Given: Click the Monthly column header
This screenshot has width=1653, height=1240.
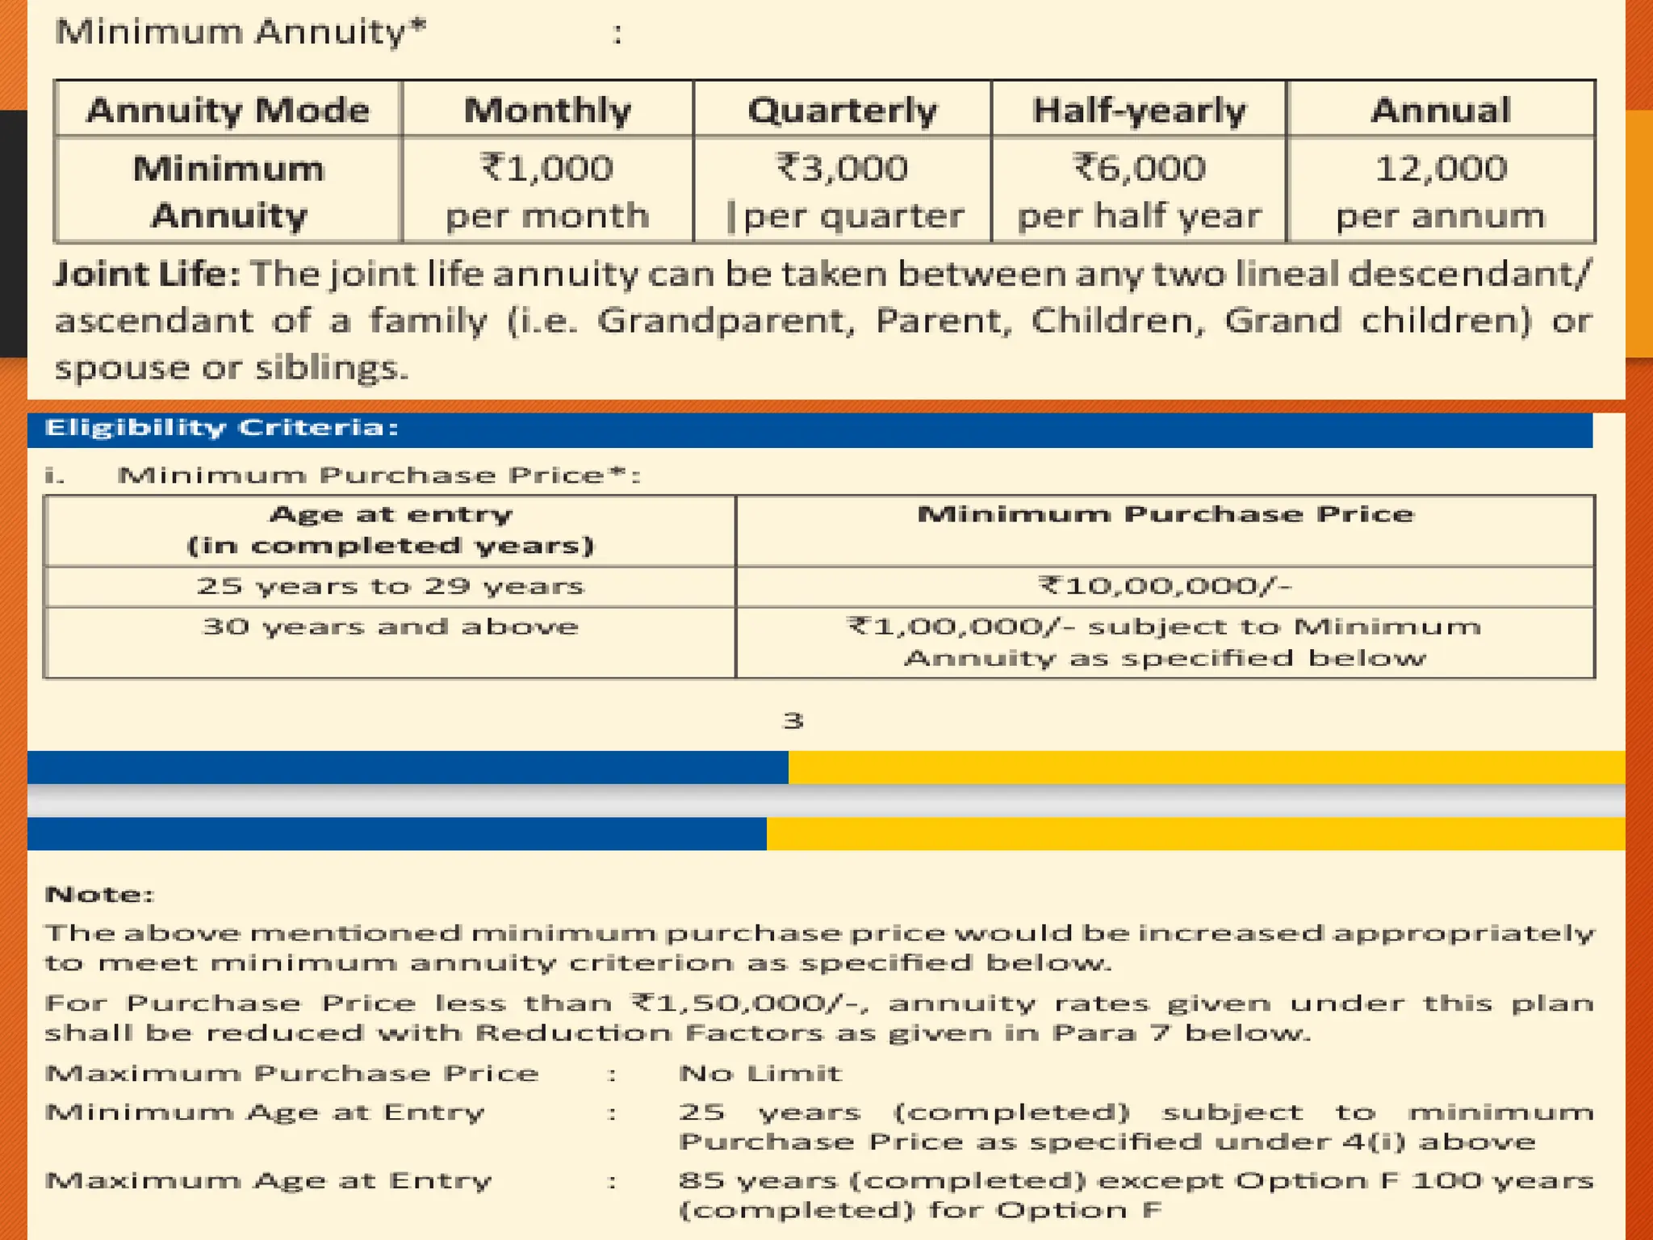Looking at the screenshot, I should click(x=547, y=110).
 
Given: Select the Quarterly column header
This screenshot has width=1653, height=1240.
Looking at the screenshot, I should click(x=842, y=110).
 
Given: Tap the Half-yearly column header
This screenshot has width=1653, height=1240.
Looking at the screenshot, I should click(x=1139, y=110).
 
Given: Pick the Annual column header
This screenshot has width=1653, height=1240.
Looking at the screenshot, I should click(x=1441, y=110).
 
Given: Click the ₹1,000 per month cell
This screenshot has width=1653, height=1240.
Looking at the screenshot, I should click(x=547, y=191).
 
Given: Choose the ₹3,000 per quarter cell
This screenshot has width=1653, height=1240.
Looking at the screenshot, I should click(x=842, y=191).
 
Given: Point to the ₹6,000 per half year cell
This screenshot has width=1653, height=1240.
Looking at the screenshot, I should click(x=1139, y=191).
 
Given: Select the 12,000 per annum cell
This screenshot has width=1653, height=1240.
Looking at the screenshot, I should click(x=1441, y=191).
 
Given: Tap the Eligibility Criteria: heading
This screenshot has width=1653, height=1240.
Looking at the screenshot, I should click(x=222, y=428).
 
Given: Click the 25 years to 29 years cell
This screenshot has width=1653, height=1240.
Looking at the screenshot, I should click(x=390, y=586).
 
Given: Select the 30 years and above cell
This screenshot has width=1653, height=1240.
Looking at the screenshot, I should click(x=390, y=627).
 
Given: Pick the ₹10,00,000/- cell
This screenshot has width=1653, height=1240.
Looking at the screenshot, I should click(x=1165, y=586).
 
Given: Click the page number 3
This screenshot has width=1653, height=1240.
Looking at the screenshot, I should click(x=793, y=720).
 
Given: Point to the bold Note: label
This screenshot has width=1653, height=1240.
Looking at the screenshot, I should click(x=99, y=894).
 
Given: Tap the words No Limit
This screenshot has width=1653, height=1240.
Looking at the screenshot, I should click(x=760, y=1074).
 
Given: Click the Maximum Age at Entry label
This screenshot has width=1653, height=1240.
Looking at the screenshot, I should click(x=268, y=1181).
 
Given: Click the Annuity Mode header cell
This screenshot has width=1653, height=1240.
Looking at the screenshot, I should click(x=228, y=110).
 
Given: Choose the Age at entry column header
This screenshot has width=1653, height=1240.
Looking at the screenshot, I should click(x=390, y=530).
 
